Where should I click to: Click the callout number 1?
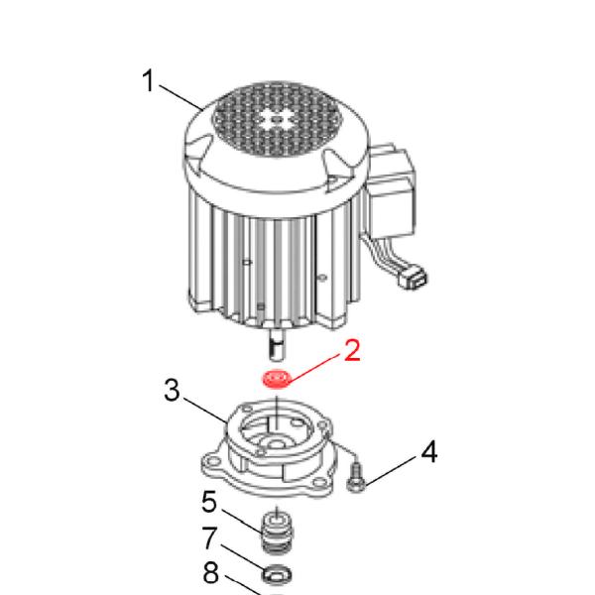coord(149,80)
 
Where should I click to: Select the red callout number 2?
coord(352,350)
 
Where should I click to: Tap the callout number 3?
coord(172,390)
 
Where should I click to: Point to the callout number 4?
coord(428,451)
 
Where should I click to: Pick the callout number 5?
coord(209,501)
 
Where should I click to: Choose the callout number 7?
coord(210,537)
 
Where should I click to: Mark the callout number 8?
coord(210,572)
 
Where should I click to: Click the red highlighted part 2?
coord(277,379)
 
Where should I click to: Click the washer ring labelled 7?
coord(277,575)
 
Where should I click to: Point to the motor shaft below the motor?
coord(277,344)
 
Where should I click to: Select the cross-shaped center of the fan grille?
coord(278,120)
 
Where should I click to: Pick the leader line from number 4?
coord(390,471)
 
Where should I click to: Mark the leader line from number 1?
coord(180,97)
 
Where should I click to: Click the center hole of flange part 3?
coord(278,443)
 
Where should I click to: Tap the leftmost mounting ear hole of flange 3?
coord(213,462)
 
